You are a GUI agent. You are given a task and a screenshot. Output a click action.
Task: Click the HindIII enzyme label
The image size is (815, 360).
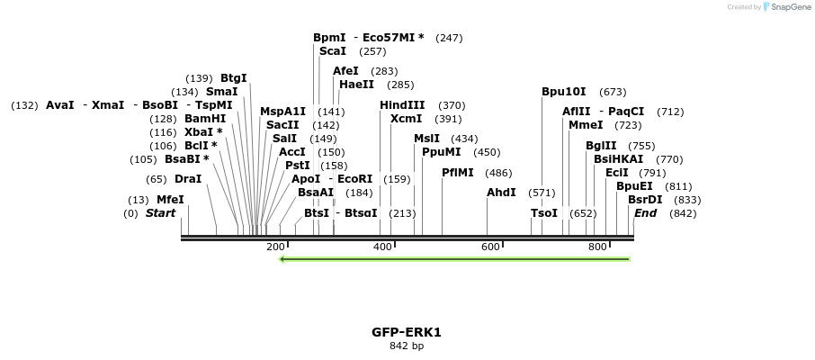coord(402,105)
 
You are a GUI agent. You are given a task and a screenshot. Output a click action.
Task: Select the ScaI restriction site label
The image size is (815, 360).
coord(333,51)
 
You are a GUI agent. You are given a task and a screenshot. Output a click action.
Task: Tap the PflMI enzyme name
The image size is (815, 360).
coord(458,173)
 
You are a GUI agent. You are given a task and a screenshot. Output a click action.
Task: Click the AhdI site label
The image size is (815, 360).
coord(501,193)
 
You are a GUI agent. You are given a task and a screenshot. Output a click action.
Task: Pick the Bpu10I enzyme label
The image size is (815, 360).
coord(564,92)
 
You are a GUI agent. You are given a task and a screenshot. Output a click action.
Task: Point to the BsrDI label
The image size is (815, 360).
coord(645,200)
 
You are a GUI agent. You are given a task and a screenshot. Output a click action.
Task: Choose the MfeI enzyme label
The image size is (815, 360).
coord(170,200)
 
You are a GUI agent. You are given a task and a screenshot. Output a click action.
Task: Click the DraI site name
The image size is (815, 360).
coord(188,179)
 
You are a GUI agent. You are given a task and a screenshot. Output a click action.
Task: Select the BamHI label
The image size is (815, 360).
coord(205,119)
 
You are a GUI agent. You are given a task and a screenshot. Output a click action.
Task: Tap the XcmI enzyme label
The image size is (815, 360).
coord(407,119)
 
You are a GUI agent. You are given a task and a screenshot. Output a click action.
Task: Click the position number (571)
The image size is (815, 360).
coord(542,193)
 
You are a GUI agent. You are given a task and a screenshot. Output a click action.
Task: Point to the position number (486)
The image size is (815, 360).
coord(498,173)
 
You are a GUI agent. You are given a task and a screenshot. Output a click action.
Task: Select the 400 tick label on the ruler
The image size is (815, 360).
coord(383,247)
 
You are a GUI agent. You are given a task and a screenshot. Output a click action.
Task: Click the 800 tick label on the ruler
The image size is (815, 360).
coord(597,247)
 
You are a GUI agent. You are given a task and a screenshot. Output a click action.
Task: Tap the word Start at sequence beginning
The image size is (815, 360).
coord(160,213)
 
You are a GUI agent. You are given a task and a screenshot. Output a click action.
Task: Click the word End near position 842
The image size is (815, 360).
coord(645,213)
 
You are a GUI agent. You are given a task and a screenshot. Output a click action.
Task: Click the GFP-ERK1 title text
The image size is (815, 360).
coord(407,332)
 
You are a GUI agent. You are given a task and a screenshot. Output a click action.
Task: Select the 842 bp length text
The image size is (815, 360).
coord(407,346)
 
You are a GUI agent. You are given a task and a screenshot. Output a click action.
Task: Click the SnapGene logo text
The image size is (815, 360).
coord(789,7)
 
